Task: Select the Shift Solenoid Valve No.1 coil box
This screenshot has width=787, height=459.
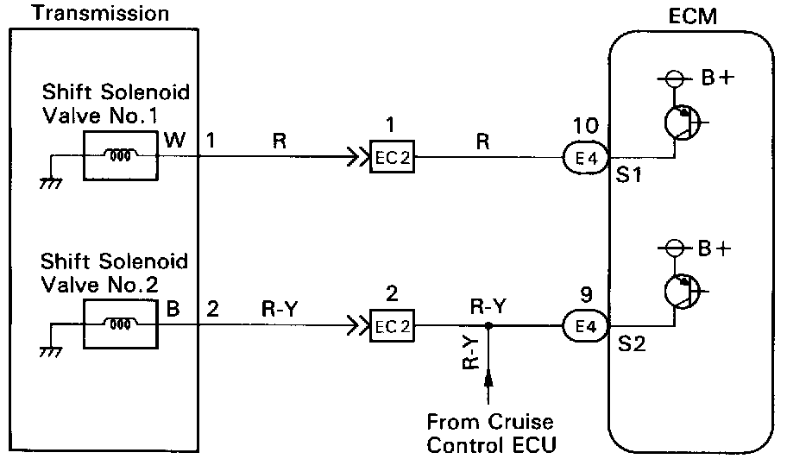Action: pyautogui.click(x=120, y=156)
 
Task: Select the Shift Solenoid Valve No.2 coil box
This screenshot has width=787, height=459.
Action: pyautogui.click(x=120, y=325)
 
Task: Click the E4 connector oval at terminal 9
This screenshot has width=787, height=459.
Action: pyautogui.click(x=584, y=327)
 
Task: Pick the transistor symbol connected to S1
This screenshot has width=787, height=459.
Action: pyautogui.click(x=683, y=123)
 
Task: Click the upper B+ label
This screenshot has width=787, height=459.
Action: pyautogui.click(x=715, y=79)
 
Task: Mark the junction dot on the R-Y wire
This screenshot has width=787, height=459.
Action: pyautogui.click(x=488, y=327)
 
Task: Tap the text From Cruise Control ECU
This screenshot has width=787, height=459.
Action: pyautogui.click(x=490, y=433)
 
